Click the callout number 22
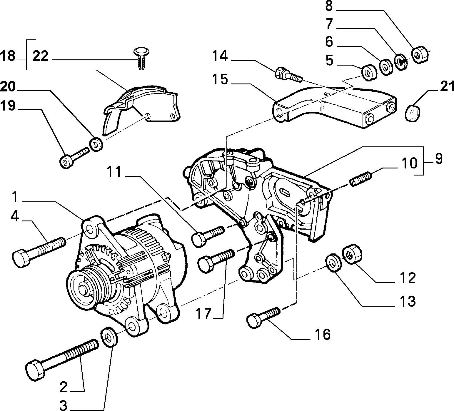coord(40,56)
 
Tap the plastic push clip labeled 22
coord(141,59)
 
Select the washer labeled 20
coord(96,144)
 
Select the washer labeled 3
coord(109,337)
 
